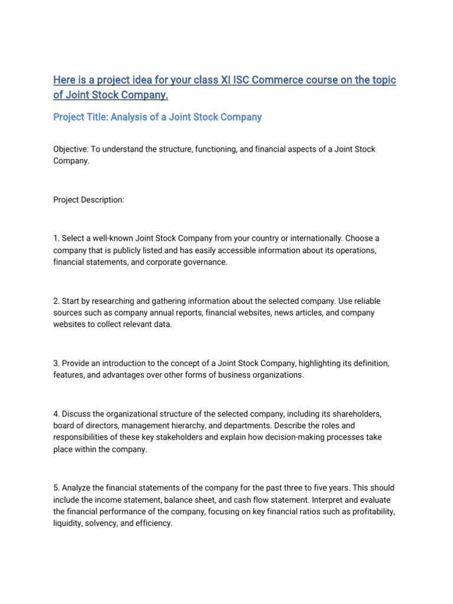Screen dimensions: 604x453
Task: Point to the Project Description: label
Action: (x=88, y=200)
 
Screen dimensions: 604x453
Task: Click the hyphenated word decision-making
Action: (x=304, y=437)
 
